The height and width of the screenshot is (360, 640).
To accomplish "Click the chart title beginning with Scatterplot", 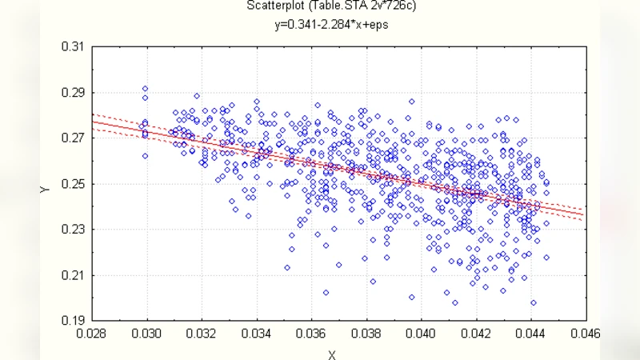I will pyautogui.click(x=330, y=8).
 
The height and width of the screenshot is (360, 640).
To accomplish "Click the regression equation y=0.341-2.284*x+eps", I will pyautogui.click(x=330, y=25).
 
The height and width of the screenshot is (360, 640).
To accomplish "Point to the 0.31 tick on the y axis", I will pyautogui.click(x=73, y=47).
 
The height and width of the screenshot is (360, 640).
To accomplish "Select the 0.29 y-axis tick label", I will pyautogui.click(x=73, y=93).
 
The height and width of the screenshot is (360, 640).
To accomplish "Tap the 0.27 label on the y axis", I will pyautogui.click(x=73, y=138).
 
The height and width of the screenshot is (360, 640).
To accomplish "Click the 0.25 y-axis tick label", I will pyautogui.click(x=73, y=184).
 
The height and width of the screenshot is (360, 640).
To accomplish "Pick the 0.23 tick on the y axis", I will pyautogui.click(x=73, y=230).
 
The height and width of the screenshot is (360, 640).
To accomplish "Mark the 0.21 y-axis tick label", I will pyautogui.click(x=73, y=275).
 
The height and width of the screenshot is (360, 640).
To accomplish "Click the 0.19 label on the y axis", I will pyautogui.click(x=73, y=321).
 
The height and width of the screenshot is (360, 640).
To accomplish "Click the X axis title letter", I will pyautogui.click(x=330, y=354).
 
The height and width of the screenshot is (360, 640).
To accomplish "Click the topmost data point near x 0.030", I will pyautogui.click(x=145, y=89).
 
